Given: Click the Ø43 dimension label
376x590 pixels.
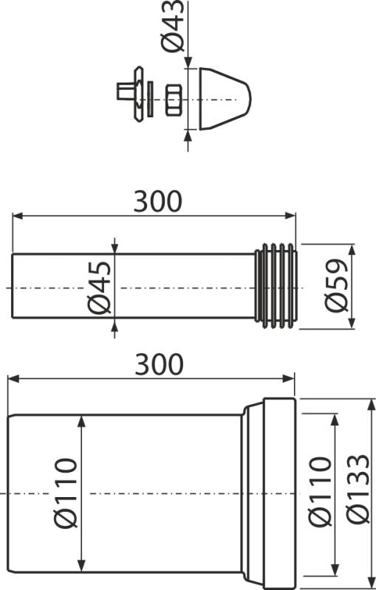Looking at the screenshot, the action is (x=173, y=27).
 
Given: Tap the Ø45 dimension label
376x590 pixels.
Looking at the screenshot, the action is (x=100, y=288).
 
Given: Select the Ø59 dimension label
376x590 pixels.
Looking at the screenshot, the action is (x=336, y=285).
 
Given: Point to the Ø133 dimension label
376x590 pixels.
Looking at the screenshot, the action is (x=358, y=489).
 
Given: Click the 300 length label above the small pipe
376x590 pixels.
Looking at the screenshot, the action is (x=158, y=201).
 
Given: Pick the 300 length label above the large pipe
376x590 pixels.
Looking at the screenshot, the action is (x=160, y=364).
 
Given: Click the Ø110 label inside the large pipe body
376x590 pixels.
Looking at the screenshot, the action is (x=65, y=493).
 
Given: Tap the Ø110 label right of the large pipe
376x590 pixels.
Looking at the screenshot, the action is (x=321, y=491).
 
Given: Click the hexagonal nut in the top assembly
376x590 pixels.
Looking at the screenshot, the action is (x=174, y=100).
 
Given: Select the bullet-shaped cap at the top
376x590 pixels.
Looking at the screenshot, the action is (x=225, y=99).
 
